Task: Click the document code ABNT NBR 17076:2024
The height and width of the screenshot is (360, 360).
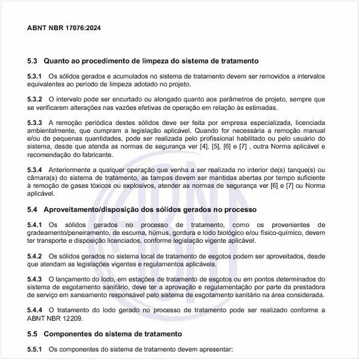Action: coord(64,28)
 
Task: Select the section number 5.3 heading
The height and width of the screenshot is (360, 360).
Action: coord(33,60)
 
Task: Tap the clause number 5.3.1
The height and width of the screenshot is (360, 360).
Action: coord(35,77)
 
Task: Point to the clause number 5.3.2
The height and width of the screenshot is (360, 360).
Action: coord(35,98)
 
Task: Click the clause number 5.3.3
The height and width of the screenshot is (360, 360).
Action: coord(35,122)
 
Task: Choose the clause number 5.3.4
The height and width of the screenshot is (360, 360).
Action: coord(35,170)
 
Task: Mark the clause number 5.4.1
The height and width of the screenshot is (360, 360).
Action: coord(35,225)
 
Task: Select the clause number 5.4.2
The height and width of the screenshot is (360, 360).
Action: coord(35,256)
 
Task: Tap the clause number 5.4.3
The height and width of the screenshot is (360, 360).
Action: coord(35,279)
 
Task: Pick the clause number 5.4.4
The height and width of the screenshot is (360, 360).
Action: coord(35,310)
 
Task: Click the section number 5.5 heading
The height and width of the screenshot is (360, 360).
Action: coord(33,334)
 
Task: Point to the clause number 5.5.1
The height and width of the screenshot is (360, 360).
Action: coord(35,350)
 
